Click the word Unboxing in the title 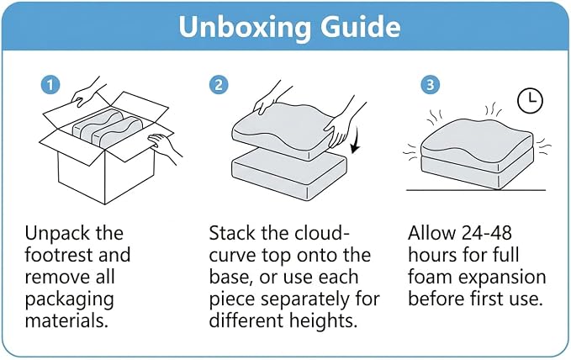245,27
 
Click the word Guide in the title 361,26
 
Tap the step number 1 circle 50,85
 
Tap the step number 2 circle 219,85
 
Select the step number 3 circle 430,85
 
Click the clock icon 530,100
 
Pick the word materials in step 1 66,321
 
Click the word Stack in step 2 233,233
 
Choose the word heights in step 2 323,321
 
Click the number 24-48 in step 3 487,233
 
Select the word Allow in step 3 431,233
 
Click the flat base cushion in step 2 289,175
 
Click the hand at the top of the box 87,93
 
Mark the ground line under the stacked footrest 476,190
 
